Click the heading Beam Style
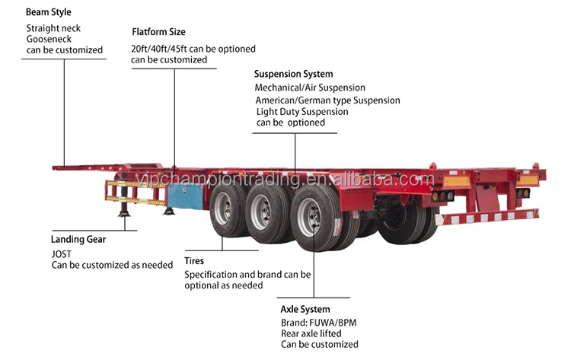pyautogui.click(x=49, y=12)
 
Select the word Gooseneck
pyautogui.click(x=49, y=39)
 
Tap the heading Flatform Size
pyautogui.click(x=158, y=32)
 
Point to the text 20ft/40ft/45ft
pyautogui.click(x=159, y=49)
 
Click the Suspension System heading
pyautogui.click(x=294, y=74)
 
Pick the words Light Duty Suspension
pyautogui.click(x=302, y=111)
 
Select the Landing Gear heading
pyautogui.click(x=78, y=239)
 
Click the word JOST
pyautogui.click(x=61, y=253)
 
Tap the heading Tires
pyautogui.click(x=194, y=260)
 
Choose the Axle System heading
pyautogui.click(x=305, y=309)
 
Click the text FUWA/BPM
pyautogui.click(x=333, y=323)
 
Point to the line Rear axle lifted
pyautogui.click(x=311, y=333)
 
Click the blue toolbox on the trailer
pyautogui.click(x=185, y=196)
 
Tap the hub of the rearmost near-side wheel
pyautogui.click(x=309, y=218)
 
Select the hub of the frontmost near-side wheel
pyautogui.click(x=222, y=208)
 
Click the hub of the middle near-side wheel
pyautogui.click(x=261, y=212)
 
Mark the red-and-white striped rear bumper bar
pyautogui.click(x=487, y=218)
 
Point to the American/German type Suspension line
pyautogui.click(x=327, y=100)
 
